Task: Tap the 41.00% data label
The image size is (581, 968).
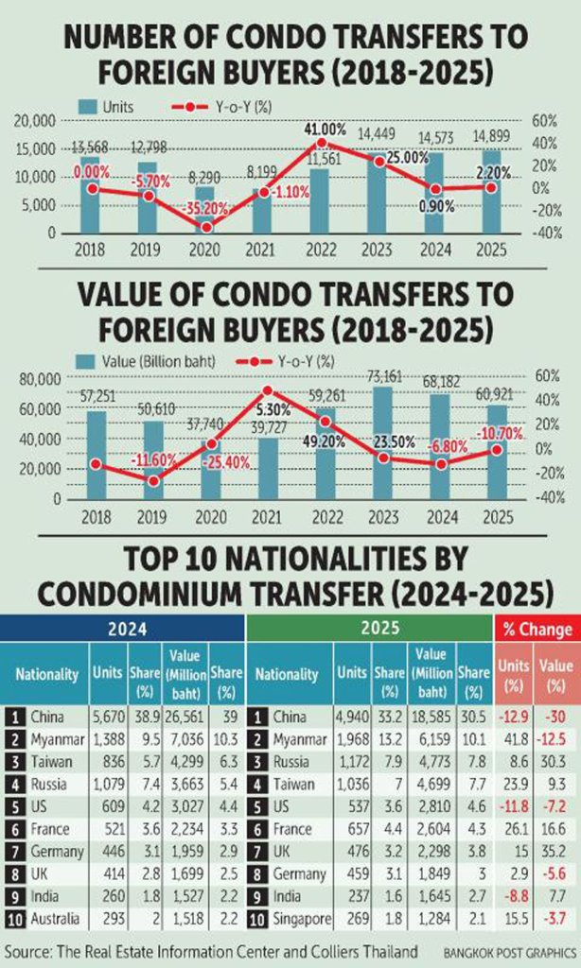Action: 324,130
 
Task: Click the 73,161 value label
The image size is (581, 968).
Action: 383,376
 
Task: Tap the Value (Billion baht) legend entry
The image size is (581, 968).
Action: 153,360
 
